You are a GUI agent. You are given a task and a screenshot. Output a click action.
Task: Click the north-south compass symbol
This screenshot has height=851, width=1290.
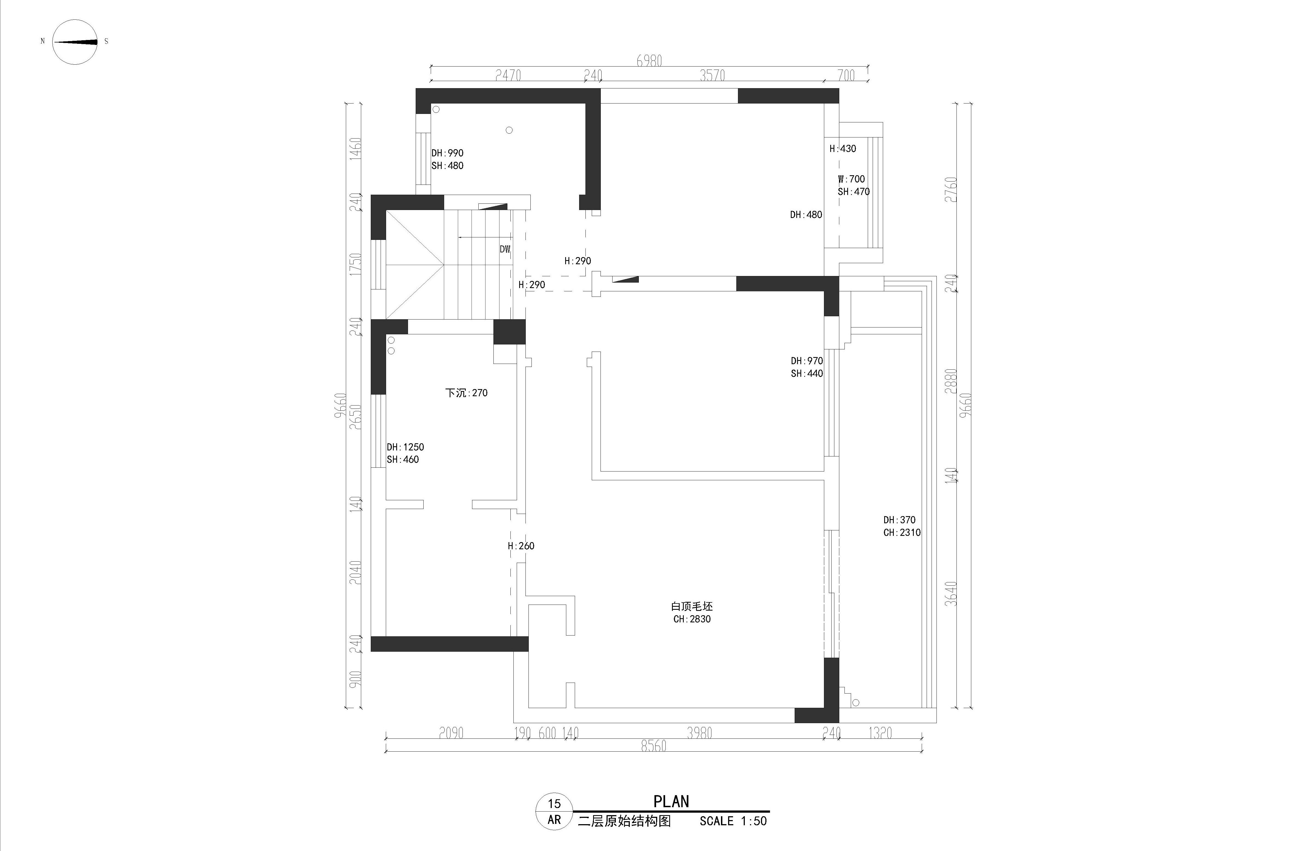pos(75,42)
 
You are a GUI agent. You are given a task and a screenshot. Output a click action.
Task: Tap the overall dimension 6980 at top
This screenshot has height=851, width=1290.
pos(649,61)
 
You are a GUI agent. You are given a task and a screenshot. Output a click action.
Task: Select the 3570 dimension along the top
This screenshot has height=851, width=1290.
pos(712,76)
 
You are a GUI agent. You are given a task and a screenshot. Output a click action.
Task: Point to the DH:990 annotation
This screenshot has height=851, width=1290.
pos(447,153)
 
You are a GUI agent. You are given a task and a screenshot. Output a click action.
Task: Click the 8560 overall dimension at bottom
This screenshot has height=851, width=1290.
pos(653,746)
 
